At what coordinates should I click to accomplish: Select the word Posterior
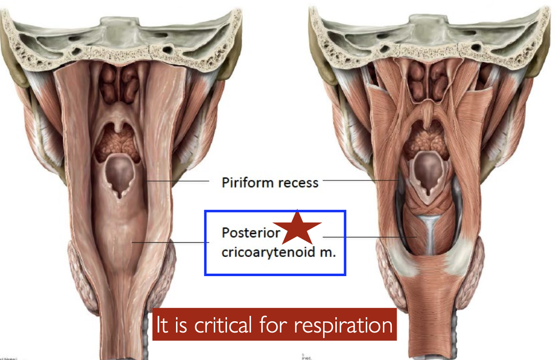[246, 232]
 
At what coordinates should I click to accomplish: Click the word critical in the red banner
[228, 325]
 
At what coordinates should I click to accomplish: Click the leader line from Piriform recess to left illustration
[177, 181]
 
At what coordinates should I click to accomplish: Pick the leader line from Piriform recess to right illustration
[360, 180]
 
